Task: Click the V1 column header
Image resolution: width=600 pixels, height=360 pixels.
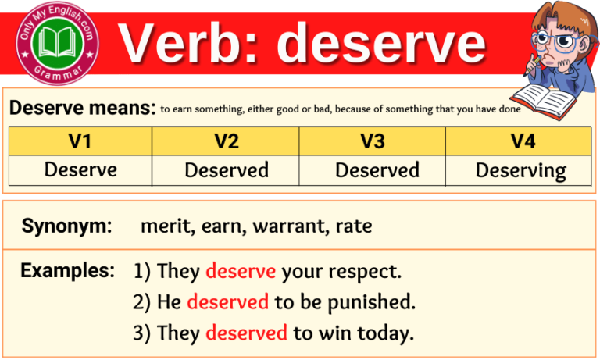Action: (80, 141)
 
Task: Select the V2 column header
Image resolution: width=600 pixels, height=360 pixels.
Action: (226, 141)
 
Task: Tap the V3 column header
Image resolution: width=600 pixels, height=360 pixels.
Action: (372, 141)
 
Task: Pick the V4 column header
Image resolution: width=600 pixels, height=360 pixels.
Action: (518, 141)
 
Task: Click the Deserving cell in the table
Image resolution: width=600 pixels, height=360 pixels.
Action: (521, 170)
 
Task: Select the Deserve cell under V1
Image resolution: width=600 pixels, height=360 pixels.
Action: (80, 169)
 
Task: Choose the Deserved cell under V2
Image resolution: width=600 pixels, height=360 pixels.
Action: (227, 169)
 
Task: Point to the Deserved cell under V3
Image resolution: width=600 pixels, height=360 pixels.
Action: (377, 169)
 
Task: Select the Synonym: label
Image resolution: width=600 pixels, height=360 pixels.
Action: (67, 226)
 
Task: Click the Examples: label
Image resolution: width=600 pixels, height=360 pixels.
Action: (67, 271)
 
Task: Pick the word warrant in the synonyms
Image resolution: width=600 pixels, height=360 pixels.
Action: (289, 227)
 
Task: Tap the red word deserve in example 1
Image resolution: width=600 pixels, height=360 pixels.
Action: (241, 272)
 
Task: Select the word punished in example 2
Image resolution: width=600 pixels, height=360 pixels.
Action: (370, 302)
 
